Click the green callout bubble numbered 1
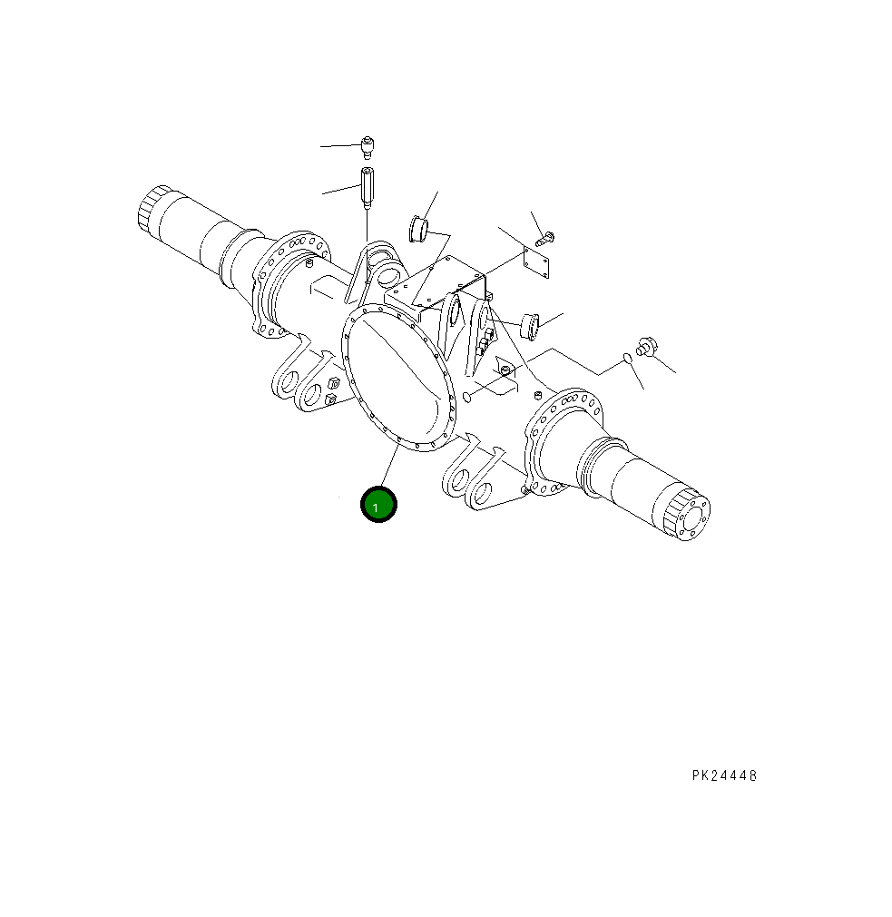coord(378,505)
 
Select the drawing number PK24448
coord(723,775)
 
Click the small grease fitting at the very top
coord(368,145)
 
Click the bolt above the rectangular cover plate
coord(546,239)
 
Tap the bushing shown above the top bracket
coord(419,229)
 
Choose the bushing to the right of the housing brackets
coord(529,322)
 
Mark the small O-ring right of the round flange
coord(466,397)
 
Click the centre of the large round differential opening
coord(397,377)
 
